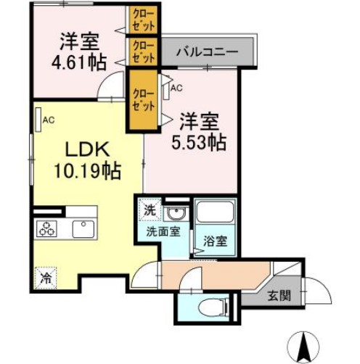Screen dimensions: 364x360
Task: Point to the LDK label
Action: (88, 151)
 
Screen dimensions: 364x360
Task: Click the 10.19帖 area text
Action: (86, 173)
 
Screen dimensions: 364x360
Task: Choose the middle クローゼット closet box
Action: (144, 52)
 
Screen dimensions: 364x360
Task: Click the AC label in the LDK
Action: (48, 120)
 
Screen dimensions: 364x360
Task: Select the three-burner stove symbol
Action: (48, 230)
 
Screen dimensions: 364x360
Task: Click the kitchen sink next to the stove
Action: (82, 230)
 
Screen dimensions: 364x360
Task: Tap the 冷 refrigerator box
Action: (46, 276)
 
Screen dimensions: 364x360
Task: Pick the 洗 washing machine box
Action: (149, 211)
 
